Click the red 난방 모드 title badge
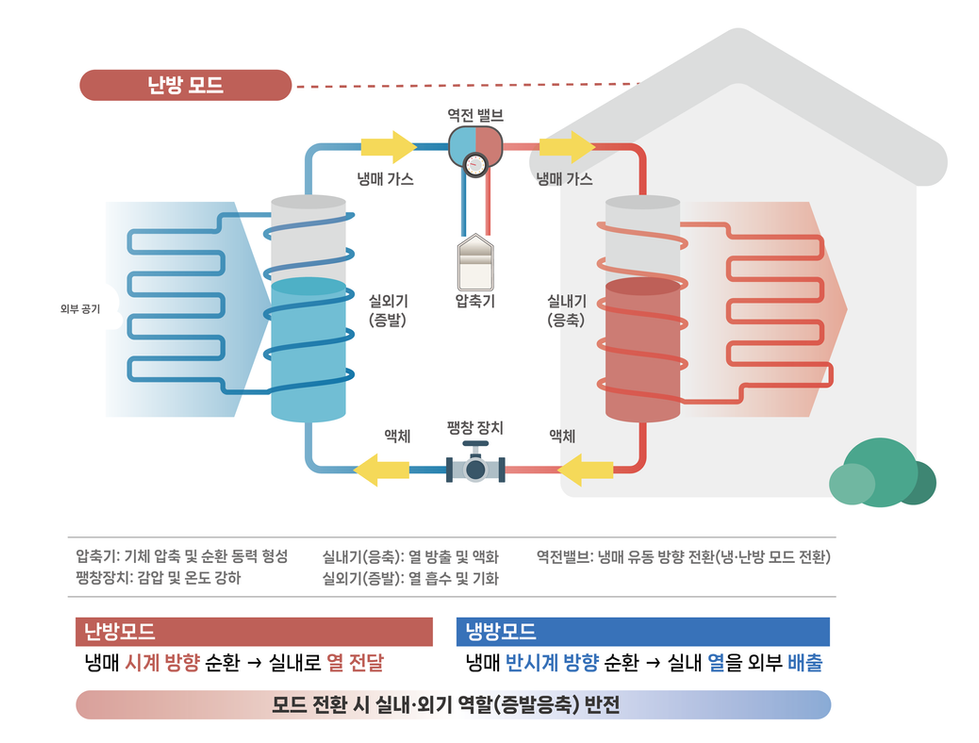[x=185, y=85]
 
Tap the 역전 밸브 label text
[x=475, y=115]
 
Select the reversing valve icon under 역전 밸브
[x=474, y=149]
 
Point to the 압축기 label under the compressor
[x=475, y=300]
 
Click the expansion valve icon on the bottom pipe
[x=475, y=468]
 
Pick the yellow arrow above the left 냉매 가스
[x=388, y=147]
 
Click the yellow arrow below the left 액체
[x=382, y=468]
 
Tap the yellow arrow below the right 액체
[x=585, y=468]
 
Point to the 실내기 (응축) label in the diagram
[x=566, y=310]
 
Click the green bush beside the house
[x=881, y=473]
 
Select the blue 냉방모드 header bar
[x=642, y=632]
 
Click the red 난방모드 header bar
[x=254, y=632]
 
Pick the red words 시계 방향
[x=162, y=663]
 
